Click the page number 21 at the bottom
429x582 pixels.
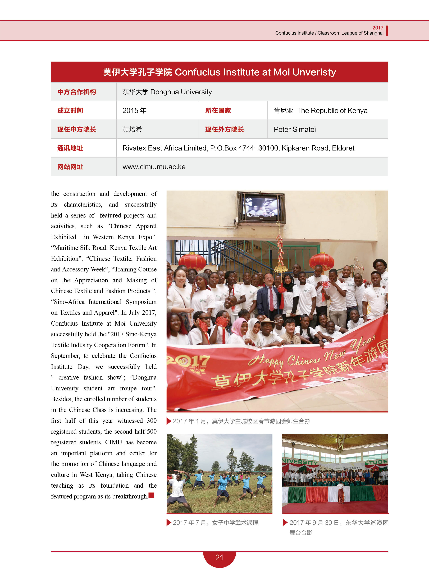pos(219,557)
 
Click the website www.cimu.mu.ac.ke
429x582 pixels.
pos(154,167)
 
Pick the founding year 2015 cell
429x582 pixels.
pos(134,111)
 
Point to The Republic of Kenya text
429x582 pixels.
pos(332,111)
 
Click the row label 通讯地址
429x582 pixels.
pos(70,148)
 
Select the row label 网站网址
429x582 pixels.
pos(70,167)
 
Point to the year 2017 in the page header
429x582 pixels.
pos(378,27)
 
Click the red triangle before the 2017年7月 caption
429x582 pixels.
pos(169,522)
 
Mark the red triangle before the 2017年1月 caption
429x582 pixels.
pos(169,421)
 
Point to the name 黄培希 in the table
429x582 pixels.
pos(132,129)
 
